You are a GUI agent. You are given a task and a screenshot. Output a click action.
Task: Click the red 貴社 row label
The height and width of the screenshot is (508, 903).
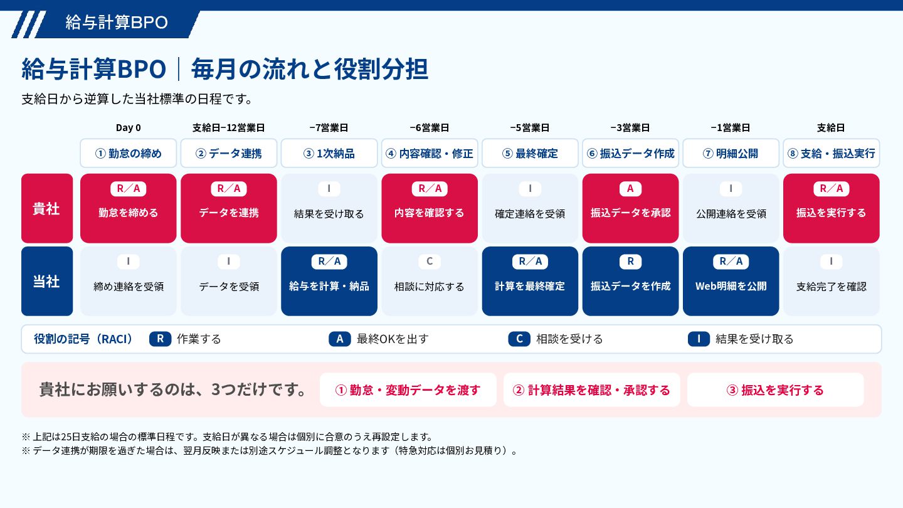(47, 208)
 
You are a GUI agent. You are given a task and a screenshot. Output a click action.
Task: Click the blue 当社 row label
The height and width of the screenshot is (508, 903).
(47, 281)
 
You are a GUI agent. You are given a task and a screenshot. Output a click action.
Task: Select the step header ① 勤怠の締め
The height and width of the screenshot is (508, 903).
(128, 153)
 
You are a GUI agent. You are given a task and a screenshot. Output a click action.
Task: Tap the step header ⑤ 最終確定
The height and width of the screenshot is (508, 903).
(530, 153)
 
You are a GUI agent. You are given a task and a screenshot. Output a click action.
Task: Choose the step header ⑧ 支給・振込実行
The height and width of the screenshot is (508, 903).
(832, 153)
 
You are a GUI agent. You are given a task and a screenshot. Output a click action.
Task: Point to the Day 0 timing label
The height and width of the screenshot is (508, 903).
(128, 128)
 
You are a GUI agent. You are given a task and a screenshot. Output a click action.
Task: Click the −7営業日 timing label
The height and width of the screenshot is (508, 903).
(329, 128)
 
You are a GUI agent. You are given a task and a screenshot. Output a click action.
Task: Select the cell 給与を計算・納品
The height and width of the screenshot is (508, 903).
(329, 281)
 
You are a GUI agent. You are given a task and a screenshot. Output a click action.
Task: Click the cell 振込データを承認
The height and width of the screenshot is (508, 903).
(630, 208)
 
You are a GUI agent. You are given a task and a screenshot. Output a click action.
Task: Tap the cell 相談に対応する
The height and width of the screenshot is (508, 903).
(430, 281)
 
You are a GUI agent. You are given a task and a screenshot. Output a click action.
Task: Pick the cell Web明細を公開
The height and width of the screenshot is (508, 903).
(731, 281)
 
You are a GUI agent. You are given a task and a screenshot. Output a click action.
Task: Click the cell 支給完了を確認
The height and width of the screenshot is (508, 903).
(832, 281)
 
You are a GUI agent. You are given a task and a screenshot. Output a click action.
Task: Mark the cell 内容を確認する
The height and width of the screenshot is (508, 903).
(430, 208)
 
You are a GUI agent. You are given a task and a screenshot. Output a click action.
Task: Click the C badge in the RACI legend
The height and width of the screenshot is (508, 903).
(519, 339)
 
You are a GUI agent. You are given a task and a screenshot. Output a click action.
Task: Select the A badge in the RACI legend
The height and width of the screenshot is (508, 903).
(340, 339)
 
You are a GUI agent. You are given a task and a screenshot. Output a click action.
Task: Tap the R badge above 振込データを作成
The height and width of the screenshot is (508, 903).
(630, 262)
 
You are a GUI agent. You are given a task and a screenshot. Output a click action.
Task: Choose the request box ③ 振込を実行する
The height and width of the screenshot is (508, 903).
(776, 390)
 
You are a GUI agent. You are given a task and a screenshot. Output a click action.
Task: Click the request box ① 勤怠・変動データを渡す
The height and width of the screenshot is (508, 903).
(408, 390)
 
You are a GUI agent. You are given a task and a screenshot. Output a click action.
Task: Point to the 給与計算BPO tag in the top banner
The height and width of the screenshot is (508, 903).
(117, 23)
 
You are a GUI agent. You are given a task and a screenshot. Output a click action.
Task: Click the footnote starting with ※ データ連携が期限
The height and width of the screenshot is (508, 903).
(269, 451)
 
